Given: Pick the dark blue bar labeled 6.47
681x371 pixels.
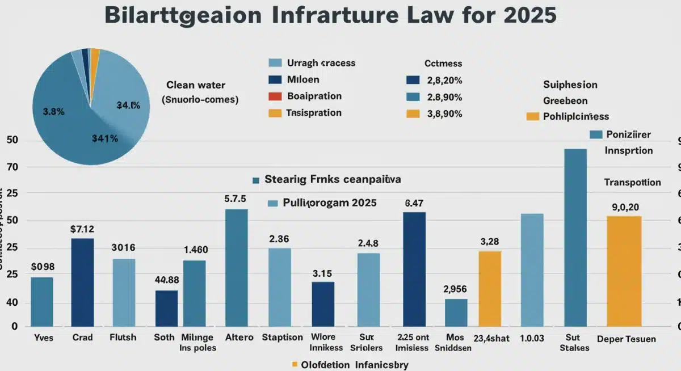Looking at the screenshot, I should tap(414, 269).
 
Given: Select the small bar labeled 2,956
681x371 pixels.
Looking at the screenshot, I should tap(456, 313).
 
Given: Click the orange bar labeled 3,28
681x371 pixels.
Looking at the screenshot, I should tap(490, 289).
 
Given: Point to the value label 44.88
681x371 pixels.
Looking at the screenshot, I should tap(167, 280).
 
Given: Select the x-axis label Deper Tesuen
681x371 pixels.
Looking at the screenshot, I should tap(626, 339).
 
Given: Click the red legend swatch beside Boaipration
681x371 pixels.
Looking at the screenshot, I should tap(275, 96).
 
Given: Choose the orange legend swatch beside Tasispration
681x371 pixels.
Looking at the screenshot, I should tap(275, 113).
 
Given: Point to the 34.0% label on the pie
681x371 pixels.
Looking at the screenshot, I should tap(128, 105).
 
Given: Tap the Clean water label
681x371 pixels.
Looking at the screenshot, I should tap(196, 85).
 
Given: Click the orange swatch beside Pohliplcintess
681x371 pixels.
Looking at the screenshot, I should tap(532, 116).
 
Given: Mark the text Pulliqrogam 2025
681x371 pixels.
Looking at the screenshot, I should tap(329, 203).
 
